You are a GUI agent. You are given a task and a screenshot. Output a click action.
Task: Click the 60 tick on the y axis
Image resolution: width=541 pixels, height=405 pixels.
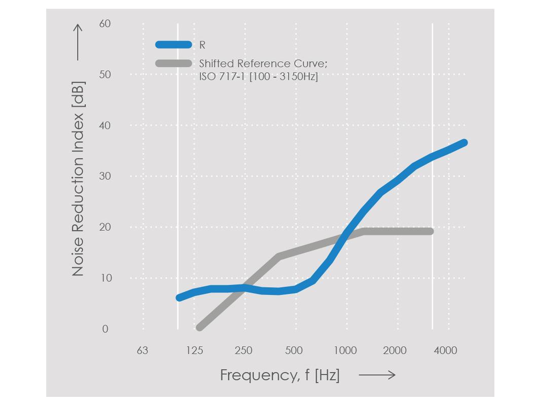(105, 24)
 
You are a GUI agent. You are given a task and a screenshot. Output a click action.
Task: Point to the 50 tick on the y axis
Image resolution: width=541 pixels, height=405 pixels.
(105, 74)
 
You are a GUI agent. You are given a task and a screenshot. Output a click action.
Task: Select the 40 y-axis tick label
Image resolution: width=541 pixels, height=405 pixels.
(105, 126)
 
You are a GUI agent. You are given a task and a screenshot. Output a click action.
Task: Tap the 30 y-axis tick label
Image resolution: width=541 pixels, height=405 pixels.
(105, 176)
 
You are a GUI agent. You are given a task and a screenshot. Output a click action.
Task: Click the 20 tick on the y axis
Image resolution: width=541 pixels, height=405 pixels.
(105, 227)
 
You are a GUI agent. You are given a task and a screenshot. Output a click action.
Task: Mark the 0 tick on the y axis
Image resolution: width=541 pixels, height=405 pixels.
(105, 329)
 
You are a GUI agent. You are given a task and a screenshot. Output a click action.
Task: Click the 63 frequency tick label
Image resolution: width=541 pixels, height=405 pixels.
(142, 350)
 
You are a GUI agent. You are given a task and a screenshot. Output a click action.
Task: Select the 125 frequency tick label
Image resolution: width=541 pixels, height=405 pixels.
(194, 350)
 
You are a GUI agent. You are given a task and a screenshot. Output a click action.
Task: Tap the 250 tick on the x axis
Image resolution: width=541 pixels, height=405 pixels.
(243, 350)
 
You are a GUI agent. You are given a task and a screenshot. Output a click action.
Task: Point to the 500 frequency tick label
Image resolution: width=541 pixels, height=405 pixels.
(294, 350)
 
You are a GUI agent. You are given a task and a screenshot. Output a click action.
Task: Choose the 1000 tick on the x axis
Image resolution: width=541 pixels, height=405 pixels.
(345, 350)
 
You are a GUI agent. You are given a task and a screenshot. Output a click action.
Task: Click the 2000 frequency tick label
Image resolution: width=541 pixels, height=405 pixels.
(394, 350)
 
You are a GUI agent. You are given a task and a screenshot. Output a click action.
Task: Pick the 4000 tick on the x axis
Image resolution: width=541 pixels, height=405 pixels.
(446, 350)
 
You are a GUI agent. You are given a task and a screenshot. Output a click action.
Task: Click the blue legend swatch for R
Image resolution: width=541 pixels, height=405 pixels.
(173, 45)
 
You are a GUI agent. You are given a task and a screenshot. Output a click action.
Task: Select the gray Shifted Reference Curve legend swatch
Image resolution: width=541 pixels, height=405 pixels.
(173, 64)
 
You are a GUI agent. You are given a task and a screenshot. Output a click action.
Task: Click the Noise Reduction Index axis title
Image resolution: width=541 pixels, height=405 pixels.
(78, 179)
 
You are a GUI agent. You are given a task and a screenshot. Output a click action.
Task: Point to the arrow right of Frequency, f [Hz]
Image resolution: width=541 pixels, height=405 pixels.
(377, 375)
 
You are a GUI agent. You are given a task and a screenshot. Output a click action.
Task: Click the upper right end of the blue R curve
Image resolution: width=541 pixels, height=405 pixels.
(463, 143)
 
